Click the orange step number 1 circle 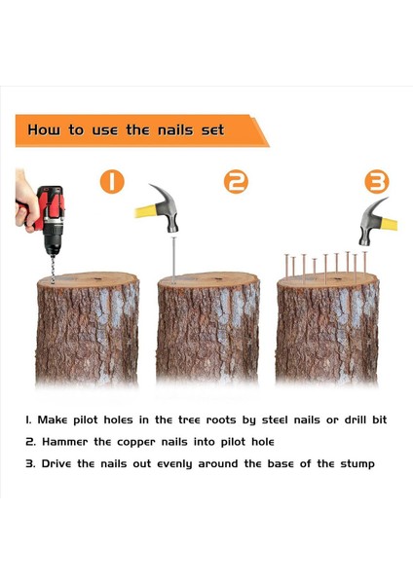112,182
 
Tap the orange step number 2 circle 236,182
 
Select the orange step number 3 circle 376,182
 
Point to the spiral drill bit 53,269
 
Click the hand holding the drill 26,203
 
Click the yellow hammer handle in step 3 389,224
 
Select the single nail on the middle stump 173,260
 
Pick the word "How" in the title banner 43,130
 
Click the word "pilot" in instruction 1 86,420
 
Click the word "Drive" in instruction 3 56,463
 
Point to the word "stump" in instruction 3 357,464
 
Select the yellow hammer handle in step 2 145,211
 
